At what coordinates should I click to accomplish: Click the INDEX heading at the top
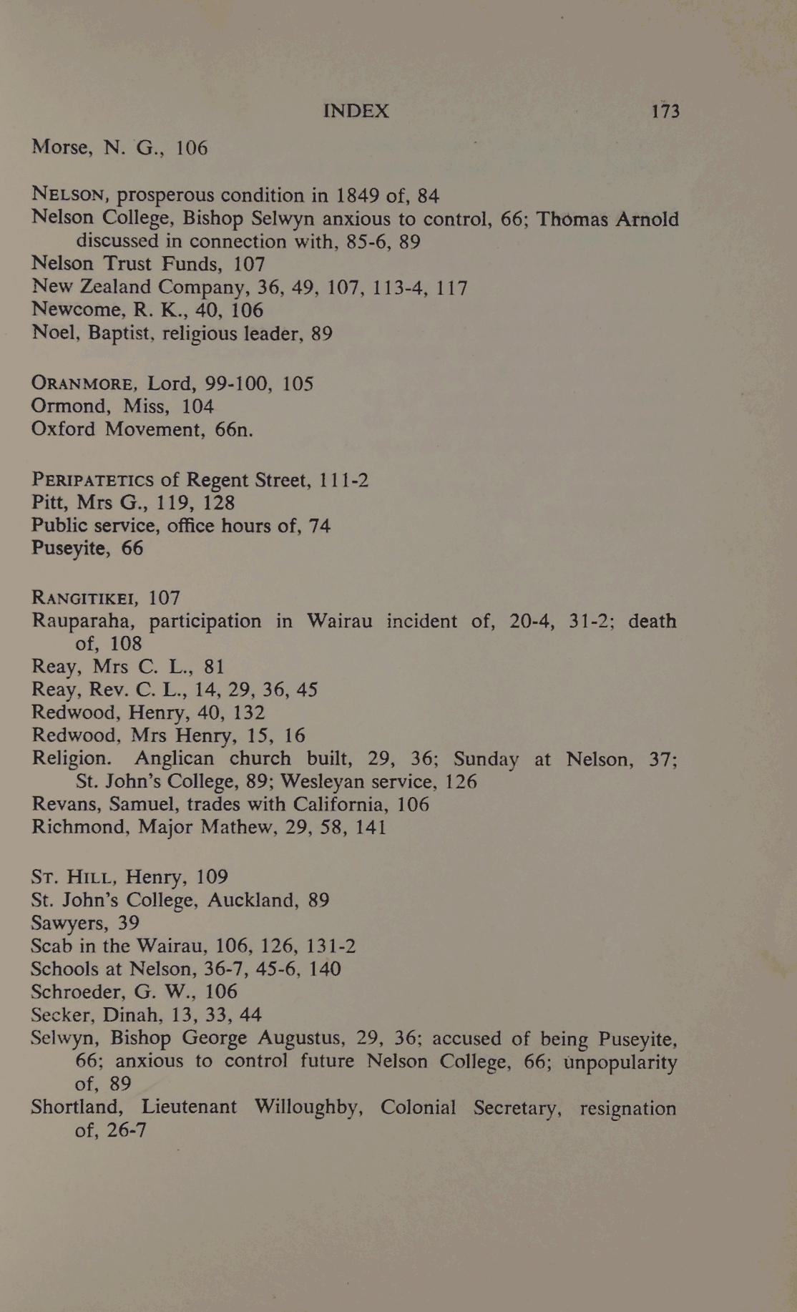pyautogui.click(x=356, y=111)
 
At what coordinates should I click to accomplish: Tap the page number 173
pyautogui.click(x=665, y=111)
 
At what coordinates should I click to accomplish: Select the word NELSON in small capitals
pyautogui.click(x=69, y=195)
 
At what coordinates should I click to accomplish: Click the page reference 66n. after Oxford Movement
pyautogui.click(x=234, y=429)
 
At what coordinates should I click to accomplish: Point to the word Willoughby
pyautogui.click(x=308, y=1107)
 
